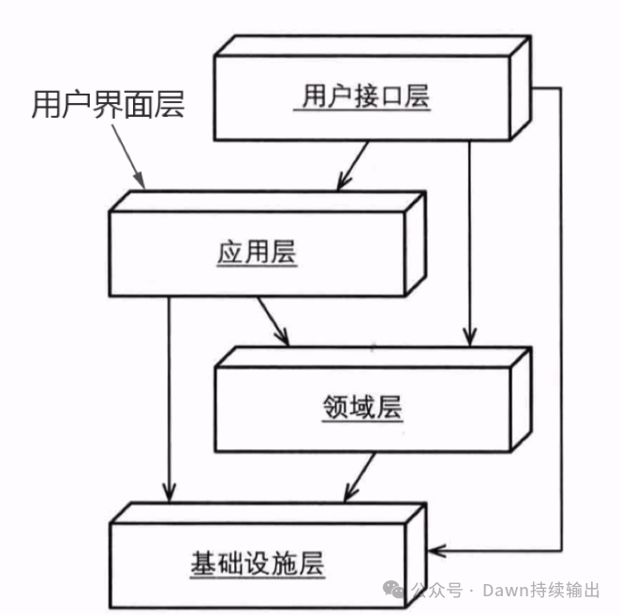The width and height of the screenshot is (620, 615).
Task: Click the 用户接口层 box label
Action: point(366,95)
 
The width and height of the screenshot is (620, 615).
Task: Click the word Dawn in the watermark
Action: point(504,590)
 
